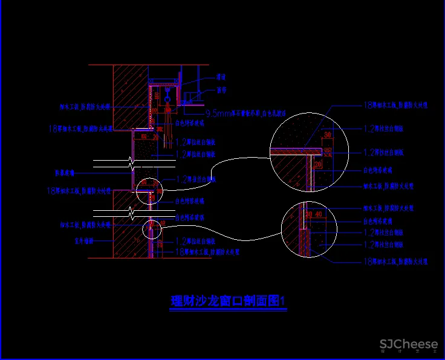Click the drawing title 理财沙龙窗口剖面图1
click(x=228, y=301)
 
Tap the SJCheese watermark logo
click(x=408, y=345)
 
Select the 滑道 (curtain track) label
click(x=221, y=77)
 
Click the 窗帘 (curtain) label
click(x=221, y=90)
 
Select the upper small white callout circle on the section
click(x=149, y=191)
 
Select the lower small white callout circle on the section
click(x=152, y=229)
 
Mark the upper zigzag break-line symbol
click(x=131, y=162)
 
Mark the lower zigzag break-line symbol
click(x=131, y=213)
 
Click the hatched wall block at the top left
click(x=130, y=91)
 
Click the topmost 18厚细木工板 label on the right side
click(x=395, y=105)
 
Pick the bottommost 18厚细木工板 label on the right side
click(x=395, y=262)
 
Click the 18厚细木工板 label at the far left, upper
click(x=80, y=128)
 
